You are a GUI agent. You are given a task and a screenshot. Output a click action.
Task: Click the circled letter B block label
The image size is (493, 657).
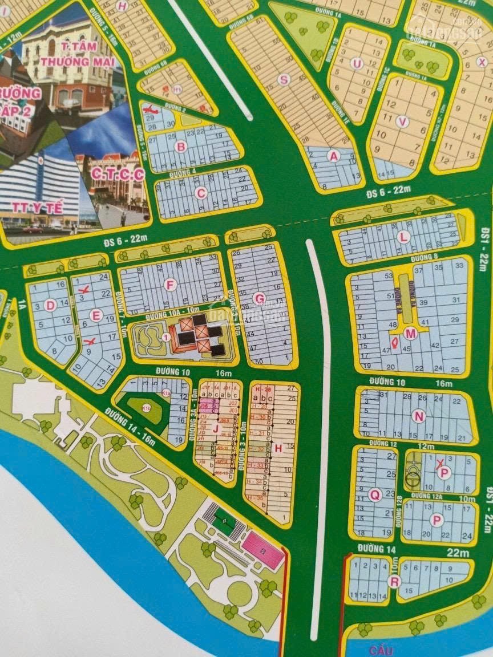(181, 147)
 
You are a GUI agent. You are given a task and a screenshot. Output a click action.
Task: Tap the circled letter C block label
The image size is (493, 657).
(200, 193)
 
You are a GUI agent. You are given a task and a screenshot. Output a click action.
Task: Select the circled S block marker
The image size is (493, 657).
(283, 80)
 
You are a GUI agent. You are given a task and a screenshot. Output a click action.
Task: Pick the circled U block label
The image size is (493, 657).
(357, 63)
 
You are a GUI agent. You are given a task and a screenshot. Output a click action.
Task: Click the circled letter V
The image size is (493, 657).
(403, 121)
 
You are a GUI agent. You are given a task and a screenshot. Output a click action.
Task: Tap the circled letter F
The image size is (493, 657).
(168, 285)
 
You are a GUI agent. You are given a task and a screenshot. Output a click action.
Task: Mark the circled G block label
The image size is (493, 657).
(259, 298)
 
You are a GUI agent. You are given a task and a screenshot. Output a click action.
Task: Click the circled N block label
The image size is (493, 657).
(419, 416)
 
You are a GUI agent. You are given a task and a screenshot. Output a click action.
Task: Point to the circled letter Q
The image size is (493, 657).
(374, 495)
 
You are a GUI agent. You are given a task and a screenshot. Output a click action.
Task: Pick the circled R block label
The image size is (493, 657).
(393, 581)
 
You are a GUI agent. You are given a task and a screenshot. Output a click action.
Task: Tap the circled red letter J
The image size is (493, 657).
(216, 429)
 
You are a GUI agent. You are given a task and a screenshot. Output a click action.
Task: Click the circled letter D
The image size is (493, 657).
(50, 305)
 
